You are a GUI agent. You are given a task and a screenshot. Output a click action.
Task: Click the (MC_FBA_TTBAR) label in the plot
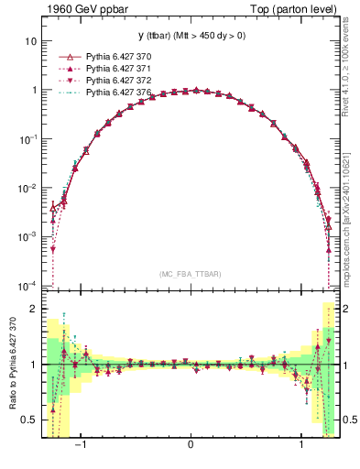click(190, 274)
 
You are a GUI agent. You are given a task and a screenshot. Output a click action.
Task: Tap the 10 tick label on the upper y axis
click(31, 42)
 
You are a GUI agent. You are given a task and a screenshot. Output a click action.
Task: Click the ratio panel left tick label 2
click(33, 309)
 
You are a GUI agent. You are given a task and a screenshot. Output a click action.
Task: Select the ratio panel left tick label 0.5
click(29, 420)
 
